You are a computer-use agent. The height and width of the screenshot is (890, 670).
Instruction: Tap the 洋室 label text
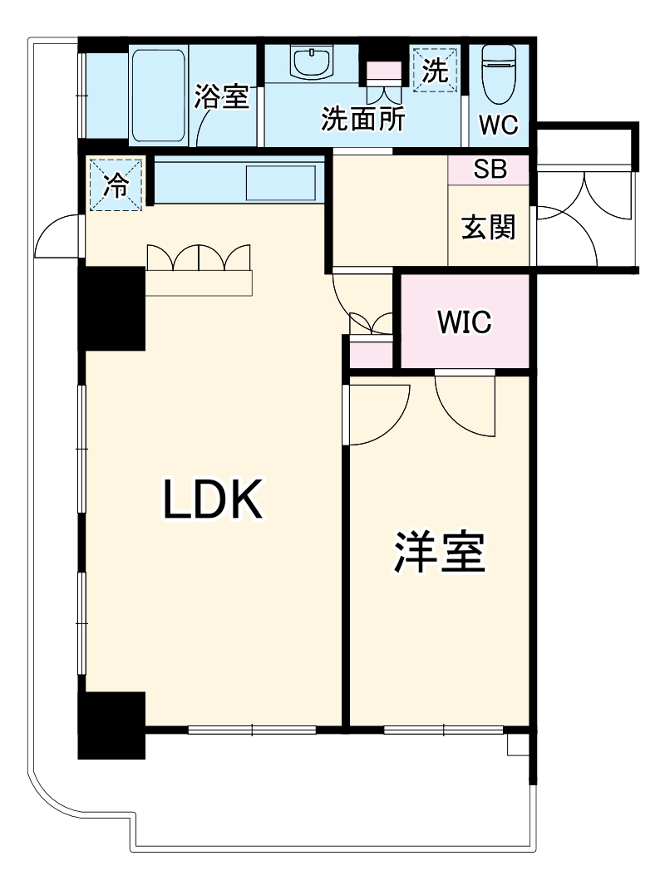[439, 552]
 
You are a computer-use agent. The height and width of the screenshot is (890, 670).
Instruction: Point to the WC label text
[499, 125]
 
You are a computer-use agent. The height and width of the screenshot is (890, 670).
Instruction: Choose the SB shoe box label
[488, 170]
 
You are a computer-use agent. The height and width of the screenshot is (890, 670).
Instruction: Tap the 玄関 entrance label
[488, 226]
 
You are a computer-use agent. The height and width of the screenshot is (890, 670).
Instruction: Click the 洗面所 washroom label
[363, 120]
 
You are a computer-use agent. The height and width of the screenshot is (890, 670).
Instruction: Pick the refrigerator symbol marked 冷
[116, 184]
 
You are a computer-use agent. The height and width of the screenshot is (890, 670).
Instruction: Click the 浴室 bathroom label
[222, 97]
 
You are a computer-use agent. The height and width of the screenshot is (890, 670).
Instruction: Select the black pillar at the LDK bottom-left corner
[111, 725]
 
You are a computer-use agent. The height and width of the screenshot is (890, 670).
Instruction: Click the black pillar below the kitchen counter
[111, 307]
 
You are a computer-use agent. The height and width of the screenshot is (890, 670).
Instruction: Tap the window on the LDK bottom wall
[252, 730]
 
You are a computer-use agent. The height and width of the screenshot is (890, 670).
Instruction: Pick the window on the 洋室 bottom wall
[444, 730]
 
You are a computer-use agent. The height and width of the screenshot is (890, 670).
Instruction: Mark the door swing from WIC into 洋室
[464, 402]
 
